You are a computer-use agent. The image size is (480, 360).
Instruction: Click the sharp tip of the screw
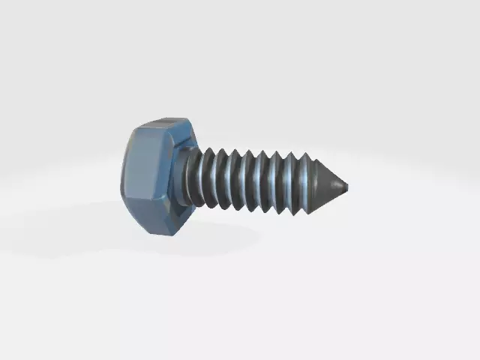tap(346, 186)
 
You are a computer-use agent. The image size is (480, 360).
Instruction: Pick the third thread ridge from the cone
tap(277, 183)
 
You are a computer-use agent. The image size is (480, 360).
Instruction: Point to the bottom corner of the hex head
tap(162, 235)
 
